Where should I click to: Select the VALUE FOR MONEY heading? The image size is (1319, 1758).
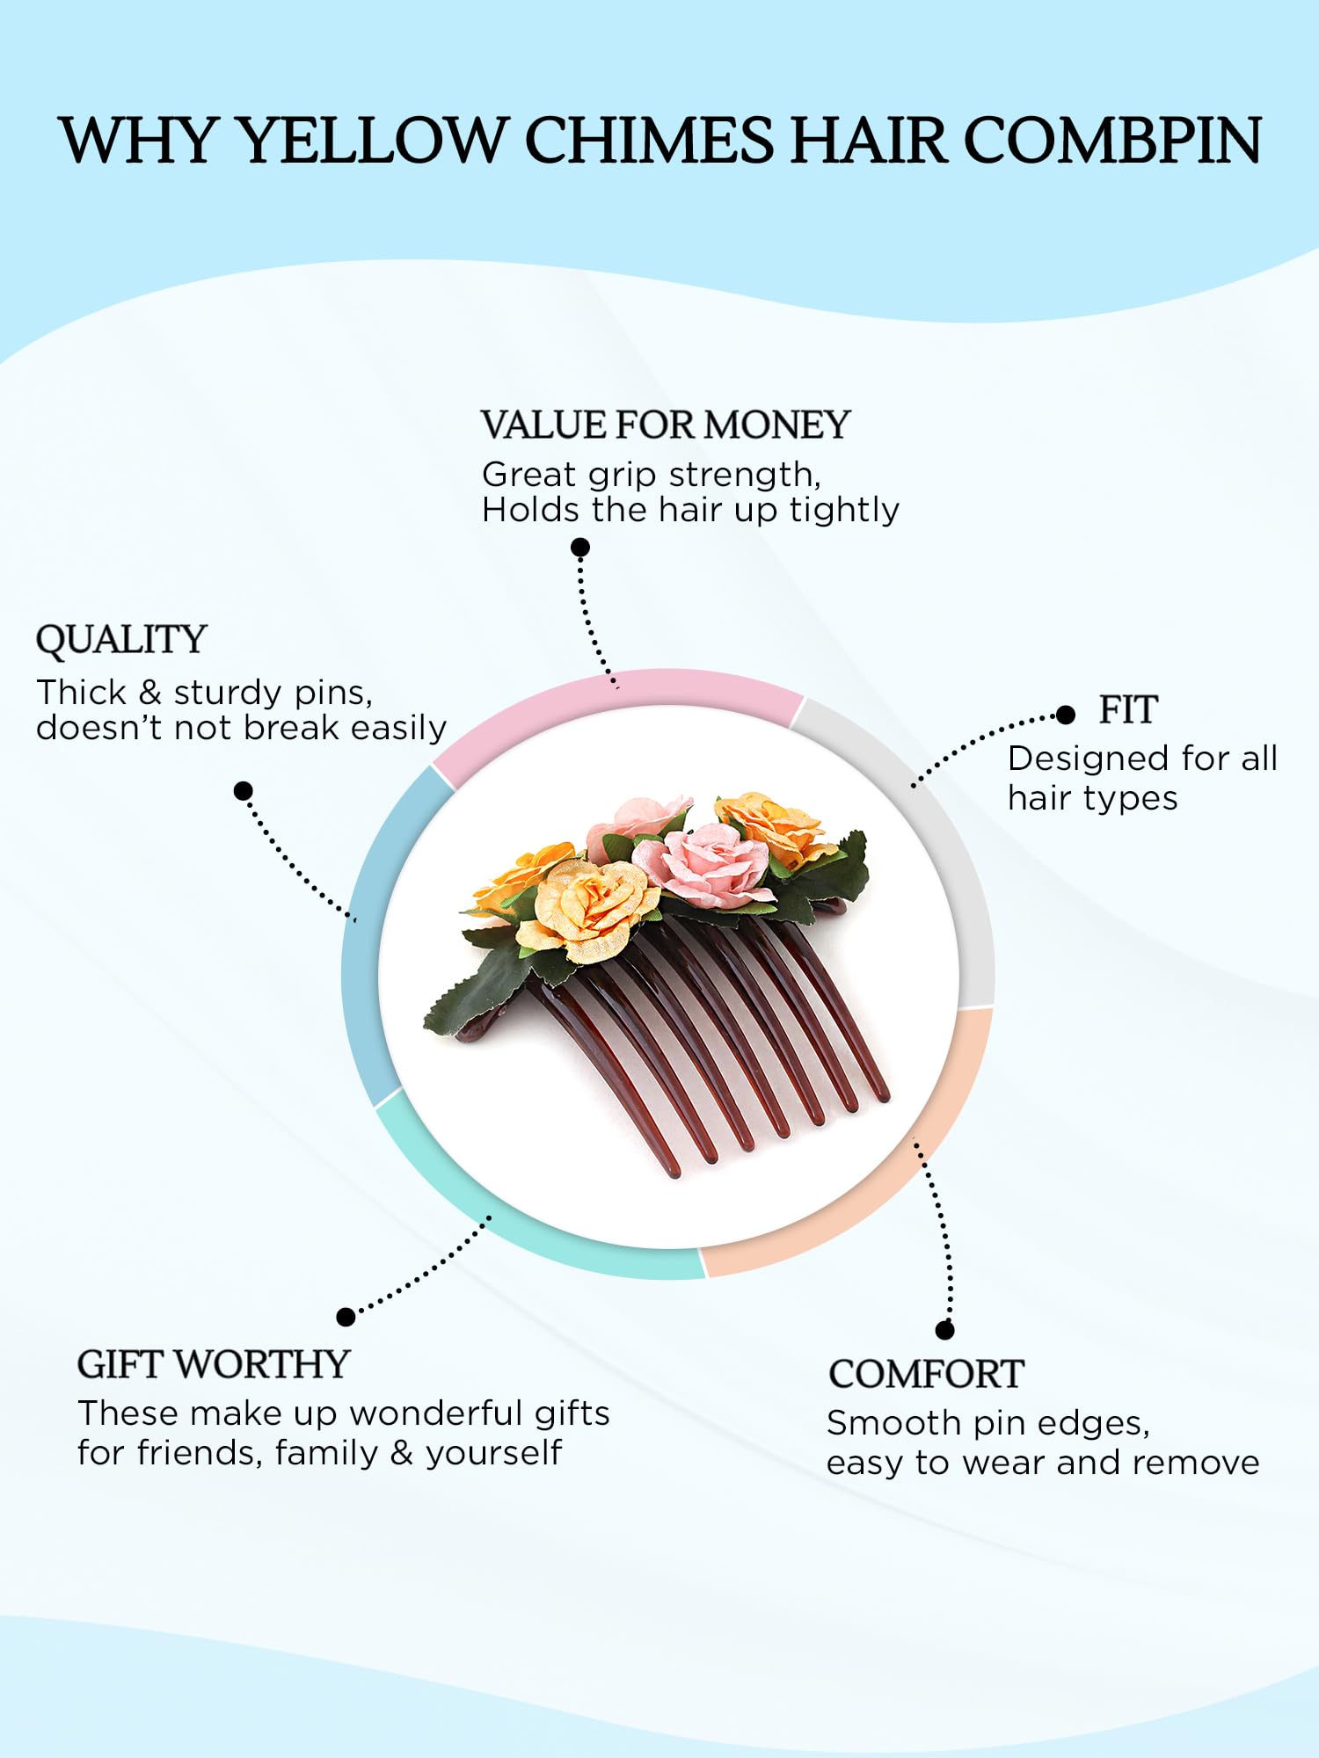click(666, 425)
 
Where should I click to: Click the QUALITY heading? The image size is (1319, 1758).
click(121, 640)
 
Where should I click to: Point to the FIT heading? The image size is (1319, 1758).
click(1128, 709)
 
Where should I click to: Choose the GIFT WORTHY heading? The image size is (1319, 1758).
click(214, 1364)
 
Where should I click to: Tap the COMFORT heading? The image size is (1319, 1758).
click(926, 1374)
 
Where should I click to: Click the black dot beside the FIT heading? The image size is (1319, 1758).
click(1066, 715)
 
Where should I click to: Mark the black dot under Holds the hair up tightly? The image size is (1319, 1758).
click(580, 548)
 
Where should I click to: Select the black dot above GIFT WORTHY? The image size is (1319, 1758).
click(346, 1317)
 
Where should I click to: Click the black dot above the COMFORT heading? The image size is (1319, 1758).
click(945, 1330)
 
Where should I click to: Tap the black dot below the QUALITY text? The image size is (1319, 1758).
click(244, 791)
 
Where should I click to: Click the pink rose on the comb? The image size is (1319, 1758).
click(701, 863)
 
